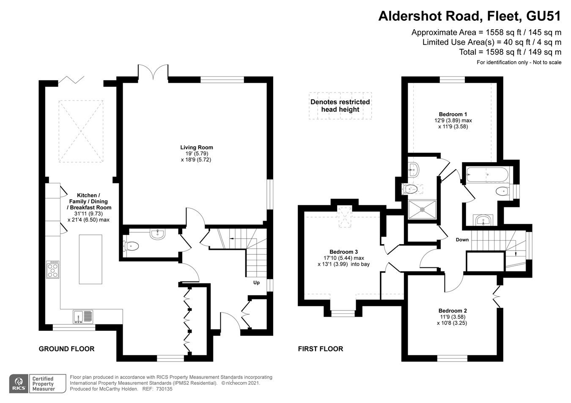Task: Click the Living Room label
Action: pos(196,147)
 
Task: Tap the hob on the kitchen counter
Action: pos(53,270)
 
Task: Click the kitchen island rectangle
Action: pos(91,259)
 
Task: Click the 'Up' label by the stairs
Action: pos(256,283)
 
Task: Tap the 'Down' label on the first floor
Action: pos(462,240)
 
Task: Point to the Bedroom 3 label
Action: pos(340,251)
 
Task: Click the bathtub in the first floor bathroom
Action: pos(486,173)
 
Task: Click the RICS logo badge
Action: pos(19,384)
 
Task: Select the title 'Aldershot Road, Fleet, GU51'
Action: pos(469,16)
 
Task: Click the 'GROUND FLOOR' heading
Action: pos(66,349)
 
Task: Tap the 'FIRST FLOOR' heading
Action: pos(320,349)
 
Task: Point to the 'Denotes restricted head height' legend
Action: pos(340,106)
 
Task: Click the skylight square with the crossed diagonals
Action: pos(81,131)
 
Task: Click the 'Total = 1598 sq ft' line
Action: pos(510,52)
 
